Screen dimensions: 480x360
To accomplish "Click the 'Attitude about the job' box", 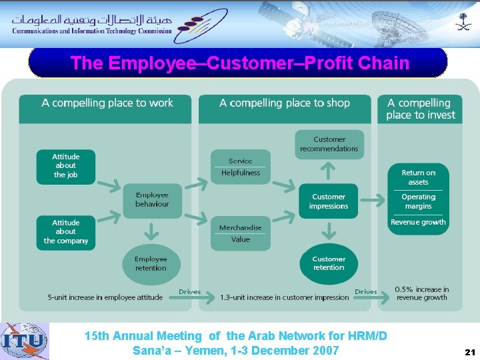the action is (x=65, y=166).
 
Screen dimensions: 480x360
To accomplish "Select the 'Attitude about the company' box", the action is (x=65, y=232).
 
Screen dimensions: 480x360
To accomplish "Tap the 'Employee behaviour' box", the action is (x=152, y=200).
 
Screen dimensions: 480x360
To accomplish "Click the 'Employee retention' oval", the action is (x=151, y=263).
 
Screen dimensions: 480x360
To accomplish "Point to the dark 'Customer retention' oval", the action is (x=329, y=263).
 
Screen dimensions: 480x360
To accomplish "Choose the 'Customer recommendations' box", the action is (x=329, y=144).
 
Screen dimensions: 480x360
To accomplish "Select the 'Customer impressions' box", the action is (x=329, y=201).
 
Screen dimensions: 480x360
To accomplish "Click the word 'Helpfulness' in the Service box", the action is (x=241, y=173).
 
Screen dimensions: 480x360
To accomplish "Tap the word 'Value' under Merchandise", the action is (x=241, y=239).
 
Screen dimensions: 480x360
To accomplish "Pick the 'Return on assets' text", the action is (x=418, y=177).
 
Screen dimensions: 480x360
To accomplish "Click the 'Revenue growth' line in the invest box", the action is (x=418, y=223).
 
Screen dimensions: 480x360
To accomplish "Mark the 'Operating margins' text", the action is (x=418, y=201).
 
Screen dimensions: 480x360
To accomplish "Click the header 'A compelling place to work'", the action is (x=107, y=103).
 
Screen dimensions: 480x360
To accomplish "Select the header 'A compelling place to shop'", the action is (x=285, y=103).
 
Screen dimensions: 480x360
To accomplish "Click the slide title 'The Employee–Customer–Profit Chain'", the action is (x=239, y=63).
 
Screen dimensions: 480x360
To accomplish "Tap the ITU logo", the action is (x=25, y=341).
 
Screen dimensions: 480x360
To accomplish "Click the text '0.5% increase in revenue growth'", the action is (x=421, y=293).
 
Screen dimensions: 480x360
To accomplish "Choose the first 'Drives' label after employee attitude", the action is (x=189, y=292).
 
